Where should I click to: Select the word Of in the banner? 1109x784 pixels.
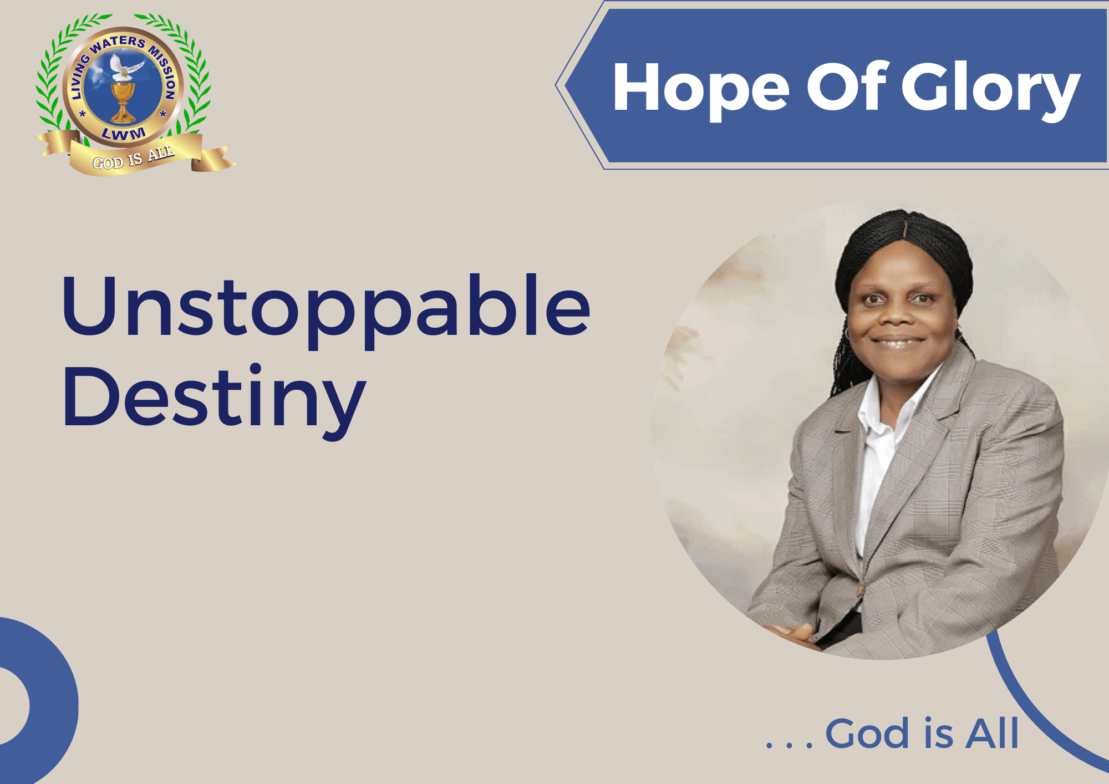click(x=847, y=86)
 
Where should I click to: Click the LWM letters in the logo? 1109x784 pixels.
click(x=124, y=134)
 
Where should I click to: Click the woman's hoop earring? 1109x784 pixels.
click(x=848, y=334)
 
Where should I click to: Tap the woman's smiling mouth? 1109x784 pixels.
click(x=897, y=342)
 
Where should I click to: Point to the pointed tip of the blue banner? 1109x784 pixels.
click(x=556, y=85)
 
